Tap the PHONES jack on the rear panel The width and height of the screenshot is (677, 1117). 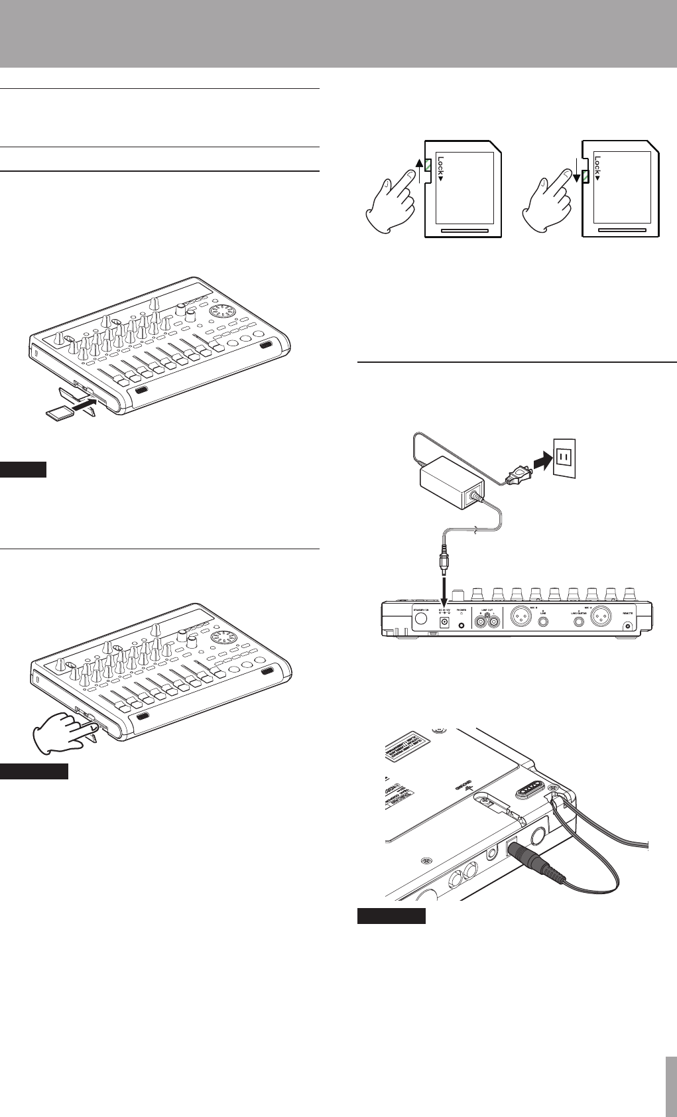point(462,625)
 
